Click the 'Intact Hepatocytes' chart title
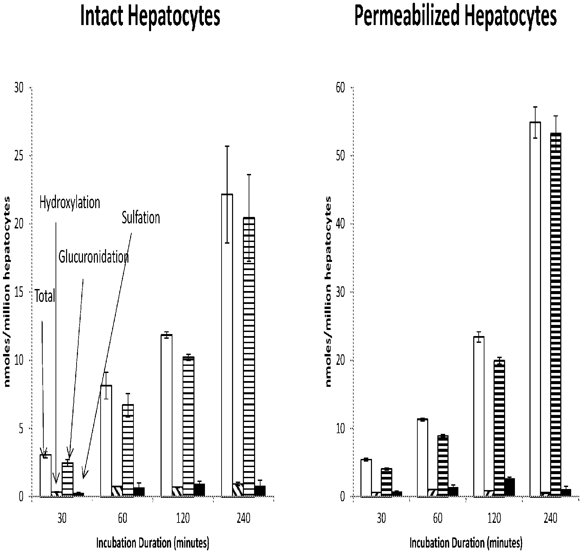pyautogui.click(x=150, y=16)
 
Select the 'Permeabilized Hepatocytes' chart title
pyautogui.click(x=455, y=16)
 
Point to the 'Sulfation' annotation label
pyautogui.click(x=141, y=218)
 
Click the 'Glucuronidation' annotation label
pyautogui.click(x=93, y=257)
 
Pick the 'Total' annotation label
pyautogui.click(x=45, y=296)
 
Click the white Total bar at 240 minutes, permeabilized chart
pyautogui.click(x=535, y=309)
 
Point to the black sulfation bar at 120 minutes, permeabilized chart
pyautogui.click(x=509, y=487)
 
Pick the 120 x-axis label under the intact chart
pyautogui.click(x=183, y=519)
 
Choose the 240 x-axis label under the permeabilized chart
pyautogui.click(x=550, y=519)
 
